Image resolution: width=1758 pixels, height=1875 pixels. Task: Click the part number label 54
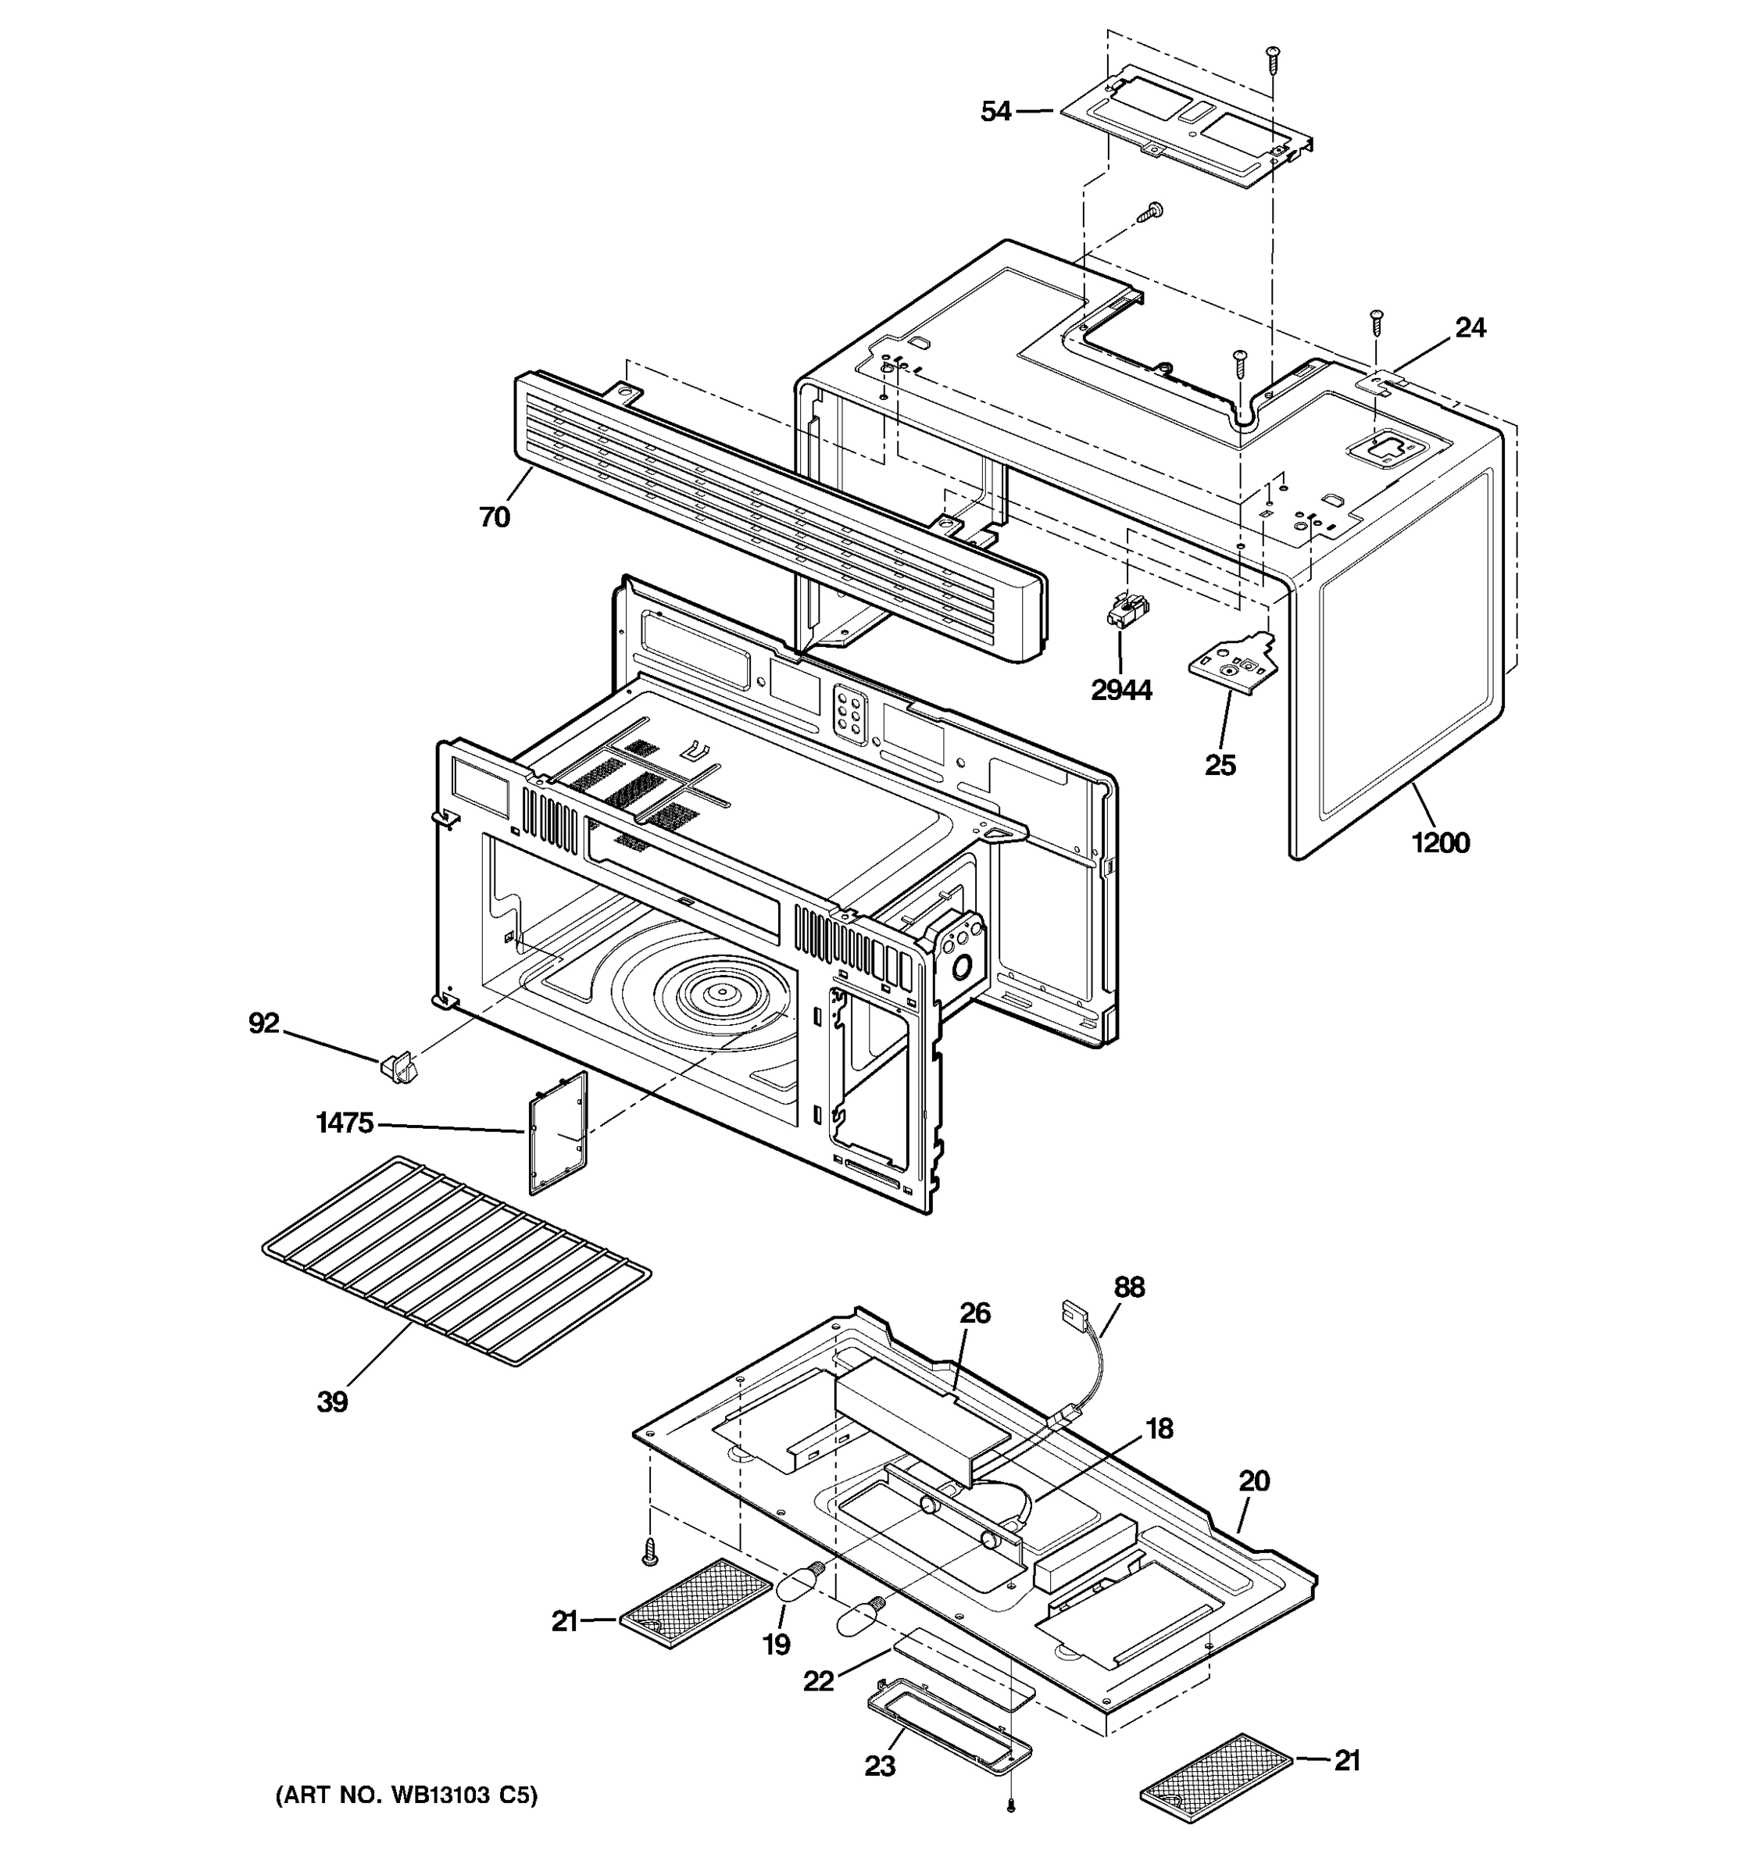pyautogui.click(x=995, y=111)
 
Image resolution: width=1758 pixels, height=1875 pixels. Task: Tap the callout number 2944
pyautogui.click(x=1120, y=691)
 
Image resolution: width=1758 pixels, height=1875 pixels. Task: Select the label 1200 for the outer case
pyautogui.click(x=1440, y=841)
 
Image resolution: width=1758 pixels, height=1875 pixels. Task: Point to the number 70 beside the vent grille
pyautogui.click(x=495, y=517)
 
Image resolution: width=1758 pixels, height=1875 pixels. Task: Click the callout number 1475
pyautogui.click(x=345, y=1123)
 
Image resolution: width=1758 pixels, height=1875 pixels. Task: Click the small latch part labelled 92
pyautogui.click(x=396, y=1068)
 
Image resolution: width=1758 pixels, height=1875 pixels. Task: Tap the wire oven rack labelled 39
pyautogui.click(x=456, y=1260)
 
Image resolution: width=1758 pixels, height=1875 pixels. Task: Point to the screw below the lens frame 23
pyautogui.click(x=1010, y=1803)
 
